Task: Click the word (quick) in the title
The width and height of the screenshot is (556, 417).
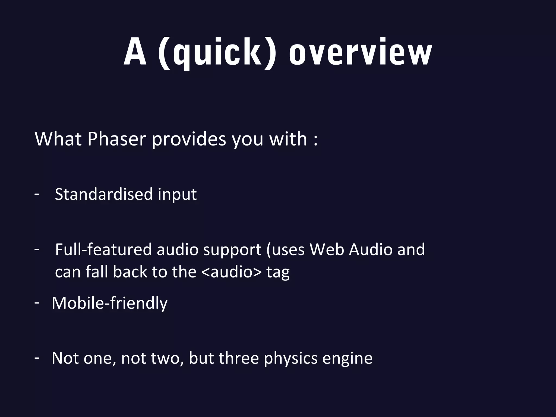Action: pyautogui.click(x=217, y=53)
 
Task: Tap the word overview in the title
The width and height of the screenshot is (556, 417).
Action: pyautogui.click(x=360, y=53)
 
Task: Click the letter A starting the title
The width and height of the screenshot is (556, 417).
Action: pyautogui.click(x=135, y=53)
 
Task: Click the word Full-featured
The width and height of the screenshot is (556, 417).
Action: pyautogui.click(x=103, y=249)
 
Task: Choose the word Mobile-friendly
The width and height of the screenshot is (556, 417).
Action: pyautogui.click(x=109, y=303)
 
